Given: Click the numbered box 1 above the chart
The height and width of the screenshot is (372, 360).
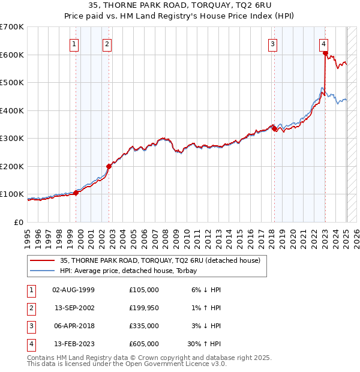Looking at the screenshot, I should click(x=74, y=43).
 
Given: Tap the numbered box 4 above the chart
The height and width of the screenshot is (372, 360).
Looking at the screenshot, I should click(x=323, y=43).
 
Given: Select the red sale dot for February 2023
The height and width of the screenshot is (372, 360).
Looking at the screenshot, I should click(x=325, y=53).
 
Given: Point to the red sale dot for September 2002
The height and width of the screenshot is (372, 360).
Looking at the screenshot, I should click(x=109, y=166).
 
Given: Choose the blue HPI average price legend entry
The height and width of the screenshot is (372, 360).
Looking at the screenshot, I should click(x=132, y=271).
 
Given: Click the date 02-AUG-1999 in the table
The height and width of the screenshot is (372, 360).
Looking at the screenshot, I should click(x=74, y=290).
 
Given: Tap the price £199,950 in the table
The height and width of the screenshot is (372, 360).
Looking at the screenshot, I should click(x=144, y=308).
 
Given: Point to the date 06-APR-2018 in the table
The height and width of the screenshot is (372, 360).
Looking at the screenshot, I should click(x=74, y=326).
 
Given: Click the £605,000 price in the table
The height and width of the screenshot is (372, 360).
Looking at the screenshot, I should click(x=144, y=344).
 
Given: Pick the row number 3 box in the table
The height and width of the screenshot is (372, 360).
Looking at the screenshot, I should click(x=29, y=326).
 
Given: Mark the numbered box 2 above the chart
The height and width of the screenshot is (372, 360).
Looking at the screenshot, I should click(x=106, y=43).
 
